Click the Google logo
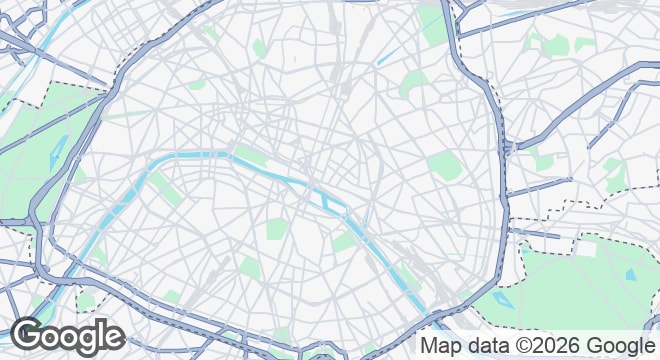(x=67, y=335)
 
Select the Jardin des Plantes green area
(x=346, y=241)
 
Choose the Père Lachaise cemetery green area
(x=441, y=166)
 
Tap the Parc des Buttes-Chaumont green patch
(x=412, y=86)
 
